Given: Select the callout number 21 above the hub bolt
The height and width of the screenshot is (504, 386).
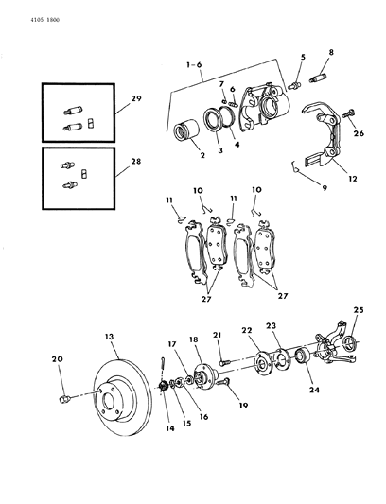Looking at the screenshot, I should pyautogui.click(x=217, y=335).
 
